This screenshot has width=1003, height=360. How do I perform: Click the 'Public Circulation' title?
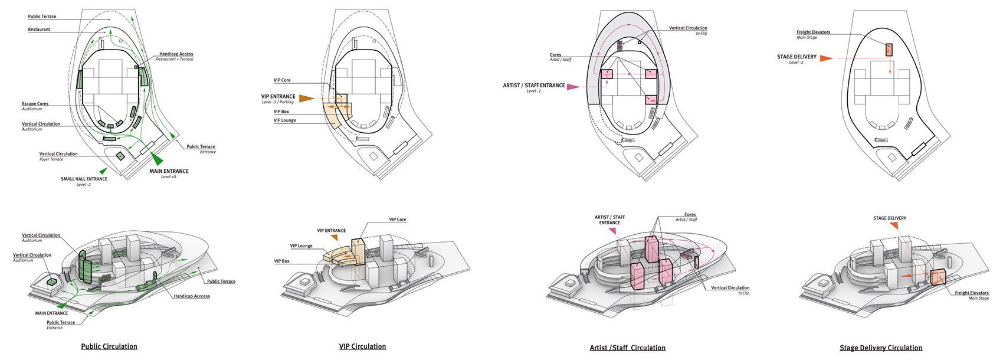point(109,346)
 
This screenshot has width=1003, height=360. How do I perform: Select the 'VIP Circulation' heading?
point(362,346)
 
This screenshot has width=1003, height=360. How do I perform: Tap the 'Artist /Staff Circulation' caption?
point(627,348)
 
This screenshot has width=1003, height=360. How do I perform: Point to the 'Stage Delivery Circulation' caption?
point(881,348)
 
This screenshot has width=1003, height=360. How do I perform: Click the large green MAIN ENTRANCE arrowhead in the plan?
point(157,159)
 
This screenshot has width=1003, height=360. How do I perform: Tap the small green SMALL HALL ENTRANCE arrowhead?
point(103,171)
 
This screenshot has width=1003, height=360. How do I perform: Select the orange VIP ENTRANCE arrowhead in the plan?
point(307,99)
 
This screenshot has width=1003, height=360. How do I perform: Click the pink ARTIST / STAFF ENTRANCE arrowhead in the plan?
point(573,87)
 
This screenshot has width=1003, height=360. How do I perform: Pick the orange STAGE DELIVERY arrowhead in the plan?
point(827,58)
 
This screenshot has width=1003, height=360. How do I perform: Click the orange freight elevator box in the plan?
point(889,50)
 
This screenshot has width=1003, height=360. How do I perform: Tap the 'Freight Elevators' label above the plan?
point(813,32)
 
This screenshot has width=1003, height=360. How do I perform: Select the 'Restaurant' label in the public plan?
point(39,30)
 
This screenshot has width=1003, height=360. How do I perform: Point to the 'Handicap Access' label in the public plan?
point(176,54)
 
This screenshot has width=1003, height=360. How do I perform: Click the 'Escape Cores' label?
point(35,104)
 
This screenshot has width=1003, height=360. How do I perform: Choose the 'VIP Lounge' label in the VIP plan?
point(285,120)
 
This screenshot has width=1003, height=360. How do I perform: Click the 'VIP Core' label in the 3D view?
point(398,220)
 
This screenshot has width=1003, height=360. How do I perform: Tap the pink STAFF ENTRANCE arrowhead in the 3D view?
point(612,231)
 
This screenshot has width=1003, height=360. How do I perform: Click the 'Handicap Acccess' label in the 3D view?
point(192,296)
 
